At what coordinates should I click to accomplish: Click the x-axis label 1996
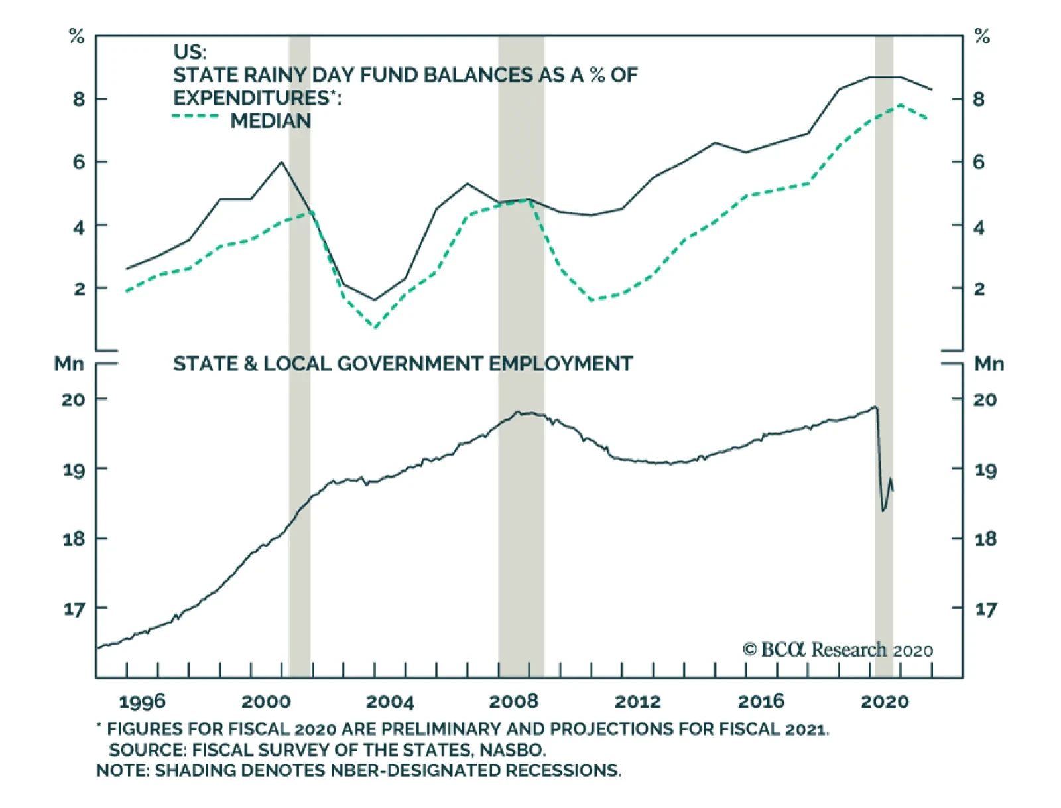[x=143, y=702]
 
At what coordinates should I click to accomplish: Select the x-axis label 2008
[x=514, y=702]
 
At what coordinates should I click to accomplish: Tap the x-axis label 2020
[x=885, y=702]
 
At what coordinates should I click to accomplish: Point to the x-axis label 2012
[x=638, y=702]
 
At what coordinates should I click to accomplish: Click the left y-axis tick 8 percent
[x=79, y=100]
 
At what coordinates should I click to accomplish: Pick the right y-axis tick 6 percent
[x=979, y=162]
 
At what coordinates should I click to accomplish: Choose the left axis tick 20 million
[x=74, y=399]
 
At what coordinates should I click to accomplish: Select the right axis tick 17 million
[x=985, y=609]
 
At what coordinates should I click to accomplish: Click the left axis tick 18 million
[x=74, y=539]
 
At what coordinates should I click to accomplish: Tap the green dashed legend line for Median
[x=195, y=117]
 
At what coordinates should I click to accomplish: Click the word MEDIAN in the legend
[x=271, y=121]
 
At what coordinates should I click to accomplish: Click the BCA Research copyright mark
[x=749, y=649]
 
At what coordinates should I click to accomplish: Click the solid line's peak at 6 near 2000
[x=282, y=161]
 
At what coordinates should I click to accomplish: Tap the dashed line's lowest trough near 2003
[x=375, y=327]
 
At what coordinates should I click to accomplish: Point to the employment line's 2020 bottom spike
[x=883, y=511]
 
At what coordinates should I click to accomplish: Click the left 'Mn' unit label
[x=69, y=364]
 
